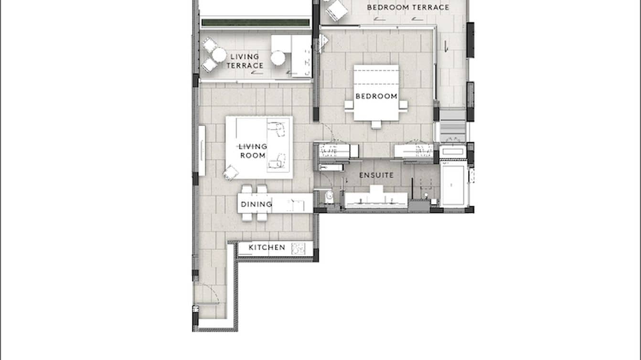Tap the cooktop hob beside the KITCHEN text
coord(299,248)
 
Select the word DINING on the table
coord(256,204)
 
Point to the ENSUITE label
coord(376,175)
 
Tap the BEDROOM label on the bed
coord(376,96)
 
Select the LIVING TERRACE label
coord(245,61)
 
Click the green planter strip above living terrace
coord(255,22)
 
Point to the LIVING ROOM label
coord(253,151)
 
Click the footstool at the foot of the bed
coord(376,125)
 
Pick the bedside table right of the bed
coord(404,105)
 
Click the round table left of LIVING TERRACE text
coord(219,55)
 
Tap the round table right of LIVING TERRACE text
coord(278,58)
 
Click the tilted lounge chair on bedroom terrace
coord(337,10)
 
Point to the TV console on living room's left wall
coord(202,150)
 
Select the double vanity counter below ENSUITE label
coord(376,200)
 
